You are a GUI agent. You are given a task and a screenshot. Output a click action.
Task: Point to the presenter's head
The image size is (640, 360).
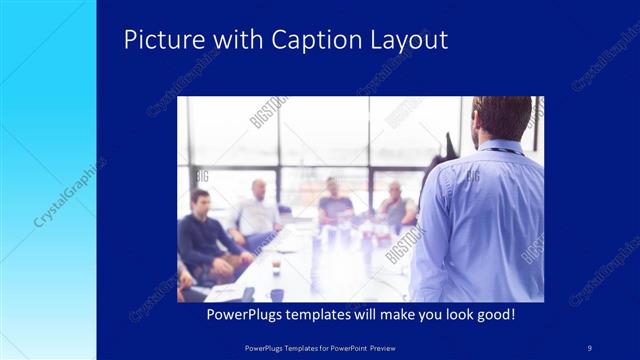[x=502, y=118]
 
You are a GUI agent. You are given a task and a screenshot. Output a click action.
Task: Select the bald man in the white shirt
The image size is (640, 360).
[x=257, y=212]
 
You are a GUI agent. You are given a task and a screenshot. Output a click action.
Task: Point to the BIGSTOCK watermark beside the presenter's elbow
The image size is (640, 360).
[x=405, y=245]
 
